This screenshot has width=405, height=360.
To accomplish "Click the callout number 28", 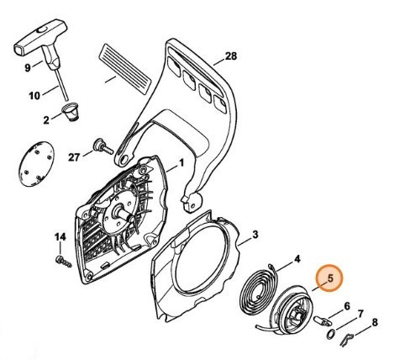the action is tap(231, 56).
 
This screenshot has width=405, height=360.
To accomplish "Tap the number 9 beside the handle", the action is tap(28, 68).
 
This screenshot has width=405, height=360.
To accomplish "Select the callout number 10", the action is tap(34, 96).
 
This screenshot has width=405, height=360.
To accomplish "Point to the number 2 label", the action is tap(46, 120).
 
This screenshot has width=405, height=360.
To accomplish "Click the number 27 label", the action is tap(74, 157).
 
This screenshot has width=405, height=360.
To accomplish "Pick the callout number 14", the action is tap(60, 237).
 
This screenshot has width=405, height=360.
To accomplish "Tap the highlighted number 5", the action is tap(330, 278).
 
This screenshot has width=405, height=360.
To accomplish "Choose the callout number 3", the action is tap(255, 235).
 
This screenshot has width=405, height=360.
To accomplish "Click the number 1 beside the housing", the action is tap(181, 163).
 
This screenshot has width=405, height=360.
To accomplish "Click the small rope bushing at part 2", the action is tap(71, 112).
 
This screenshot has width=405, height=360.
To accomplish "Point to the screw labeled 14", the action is tap(64, 262).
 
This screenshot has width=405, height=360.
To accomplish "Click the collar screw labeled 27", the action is tap(103, 146).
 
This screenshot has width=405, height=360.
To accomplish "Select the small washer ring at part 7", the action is tap(331, 334).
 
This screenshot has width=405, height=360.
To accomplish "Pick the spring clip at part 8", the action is tap(347, 339).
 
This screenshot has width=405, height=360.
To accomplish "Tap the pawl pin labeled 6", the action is tap(322, 320).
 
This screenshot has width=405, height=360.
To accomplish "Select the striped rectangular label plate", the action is tap(124, 69).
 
